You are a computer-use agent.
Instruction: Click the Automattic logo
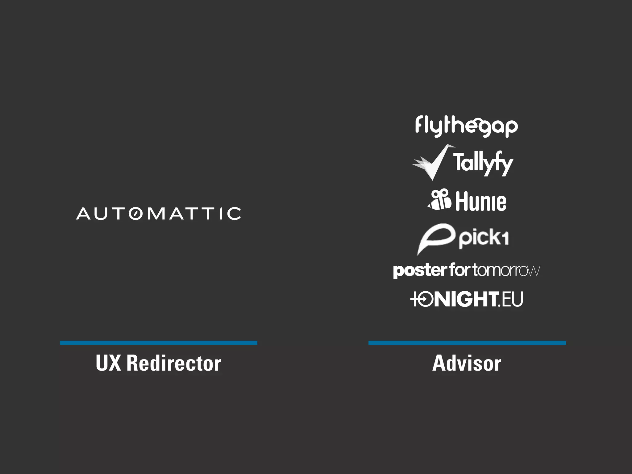(158, 214)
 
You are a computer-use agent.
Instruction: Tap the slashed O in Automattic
(135, 214)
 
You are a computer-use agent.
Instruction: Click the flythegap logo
(466, 126)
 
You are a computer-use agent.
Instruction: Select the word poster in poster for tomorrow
(420, 271)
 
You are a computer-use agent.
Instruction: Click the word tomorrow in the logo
(506, 270)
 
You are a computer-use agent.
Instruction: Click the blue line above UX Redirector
(158, 343)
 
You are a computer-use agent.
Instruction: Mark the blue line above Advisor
(467, 343)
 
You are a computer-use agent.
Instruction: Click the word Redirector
(174, 363)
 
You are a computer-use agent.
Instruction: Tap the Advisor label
(467, 363)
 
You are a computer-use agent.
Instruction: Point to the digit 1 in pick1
(505, 238)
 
